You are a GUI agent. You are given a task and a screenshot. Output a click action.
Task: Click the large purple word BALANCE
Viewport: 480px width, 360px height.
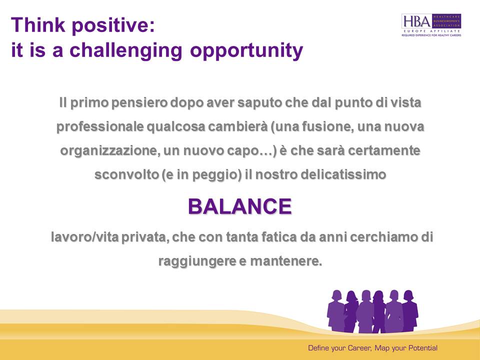point(239,206)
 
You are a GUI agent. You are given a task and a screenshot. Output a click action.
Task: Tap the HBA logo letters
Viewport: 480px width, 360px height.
point(417,21)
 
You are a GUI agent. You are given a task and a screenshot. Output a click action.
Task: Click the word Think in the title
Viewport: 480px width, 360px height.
point(38,24)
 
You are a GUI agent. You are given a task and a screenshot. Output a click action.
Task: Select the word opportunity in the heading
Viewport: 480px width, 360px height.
point(246,50)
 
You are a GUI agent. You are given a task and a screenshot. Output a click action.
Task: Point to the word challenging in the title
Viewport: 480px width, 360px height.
point(126,50)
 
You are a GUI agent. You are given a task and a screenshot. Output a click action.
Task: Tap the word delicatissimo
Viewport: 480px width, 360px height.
point(343,174)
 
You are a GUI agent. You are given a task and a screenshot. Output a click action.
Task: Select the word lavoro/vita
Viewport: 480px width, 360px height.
point(85,237)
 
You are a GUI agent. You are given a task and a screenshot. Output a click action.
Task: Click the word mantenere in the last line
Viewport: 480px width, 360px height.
point(286,261)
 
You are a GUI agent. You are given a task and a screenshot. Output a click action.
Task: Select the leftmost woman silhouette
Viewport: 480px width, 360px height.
point(336,310)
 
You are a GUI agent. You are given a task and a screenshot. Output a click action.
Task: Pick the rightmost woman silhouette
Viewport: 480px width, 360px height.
point(410,310)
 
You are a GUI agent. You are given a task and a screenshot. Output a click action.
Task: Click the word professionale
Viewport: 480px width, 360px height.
point(100,126)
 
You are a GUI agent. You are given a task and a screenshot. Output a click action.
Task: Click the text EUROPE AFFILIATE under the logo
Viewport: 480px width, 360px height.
point(432,31)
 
